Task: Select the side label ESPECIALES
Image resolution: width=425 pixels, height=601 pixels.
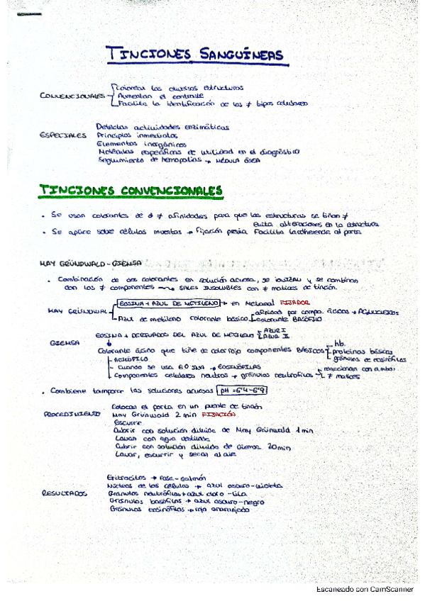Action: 63,135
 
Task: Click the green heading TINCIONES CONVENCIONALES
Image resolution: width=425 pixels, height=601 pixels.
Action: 131,191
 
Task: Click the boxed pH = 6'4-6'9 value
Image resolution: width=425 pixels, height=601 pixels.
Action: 244,390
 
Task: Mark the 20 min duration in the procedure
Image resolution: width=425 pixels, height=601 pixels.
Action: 281,447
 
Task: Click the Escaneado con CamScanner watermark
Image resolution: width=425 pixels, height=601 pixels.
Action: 368,590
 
